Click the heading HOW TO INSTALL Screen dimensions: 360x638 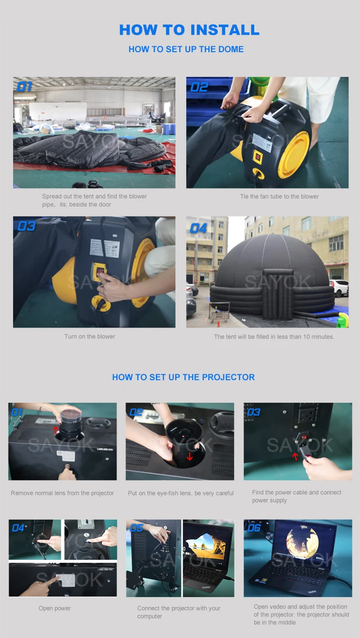click(189, 30)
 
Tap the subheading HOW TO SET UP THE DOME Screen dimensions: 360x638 click(186, 49)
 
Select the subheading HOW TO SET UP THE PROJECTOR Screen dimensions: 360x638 click(184, 377)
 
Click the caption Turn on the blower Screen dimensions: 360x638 click(90, 337)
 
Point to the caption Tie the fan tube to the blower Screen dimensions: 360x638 click(279, 196)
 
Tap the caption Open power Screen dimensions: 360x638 click(55, 608)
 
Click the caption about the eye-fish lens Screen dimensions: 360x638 click(181, 493)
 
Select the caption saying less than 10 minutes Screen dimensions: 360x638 click(274, 337)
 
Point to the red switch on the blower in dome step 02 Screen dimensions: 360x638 click(257, 156)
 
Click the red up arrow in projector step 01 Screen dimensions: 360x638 click(56, 430)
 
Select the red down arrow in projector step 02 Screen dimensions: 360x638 click(189, 457)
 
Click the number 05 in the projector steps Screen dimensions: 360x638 click(136, 528)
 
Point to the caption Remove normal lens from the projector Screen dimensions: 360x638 click(63, 493)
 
